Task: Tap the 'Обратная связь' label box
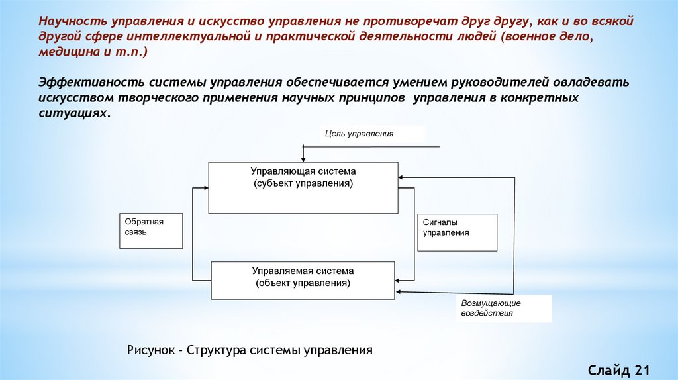click(151, 230)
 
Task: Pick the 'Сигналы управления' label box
click(457, 232)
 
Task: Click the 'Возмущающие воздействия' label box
click(506, 309)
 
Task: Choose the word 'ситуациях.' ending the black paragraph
click(73, 113)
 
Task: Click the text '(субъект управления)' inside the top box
click(303, 183)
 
